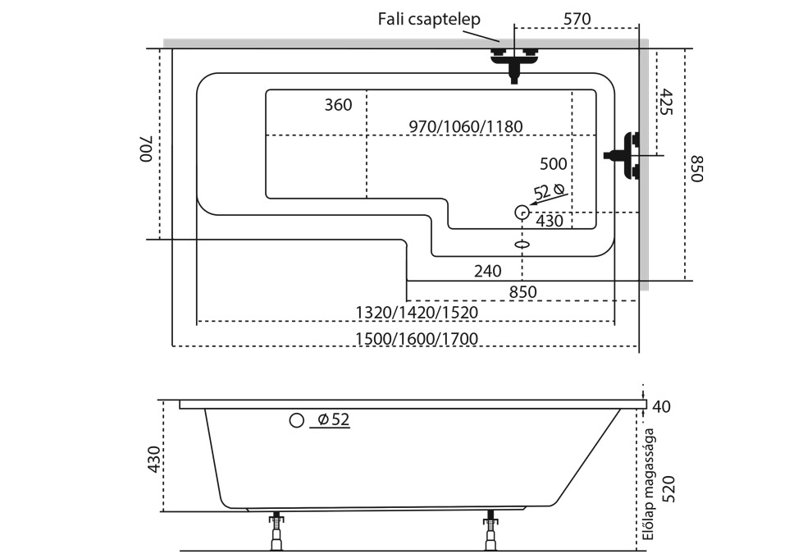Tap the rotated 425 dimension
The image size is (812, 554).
666,102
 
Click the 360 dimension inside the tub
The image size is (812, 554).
338,104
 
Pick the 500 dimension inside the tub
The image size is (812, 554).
554,163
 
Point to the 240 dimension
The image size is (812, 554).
487,270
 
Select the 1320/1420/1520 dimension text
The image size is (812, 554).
417,312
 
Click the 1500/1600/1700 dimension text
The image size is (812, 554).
417,338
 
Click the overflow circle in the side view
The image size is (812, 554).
296,421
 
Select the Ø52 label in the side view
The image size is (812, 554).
331,420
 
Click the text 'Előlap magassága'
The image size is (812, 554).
648,484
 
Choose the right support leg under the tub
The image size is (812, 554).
490,531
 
